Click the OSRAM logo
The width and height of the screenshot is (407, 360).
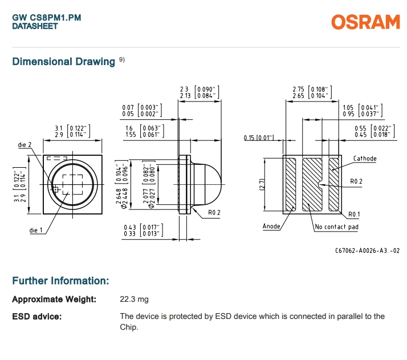pos(365,22)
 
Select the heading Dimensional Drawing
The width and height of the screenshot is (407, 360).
pos(63,62)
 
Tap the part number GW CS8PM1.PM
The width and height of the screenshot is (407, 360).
pos(47,18)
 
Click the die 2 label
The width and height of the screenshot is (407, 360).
pos(24,145)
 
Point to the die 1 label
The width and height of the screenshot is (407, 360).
pos(36,230)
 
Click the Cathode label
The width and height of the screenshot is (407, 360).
pos(365,159)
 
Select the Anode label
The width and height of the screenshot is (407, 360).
pos(271,226)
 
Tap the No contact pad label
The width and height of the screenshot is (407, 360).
pos(337,227)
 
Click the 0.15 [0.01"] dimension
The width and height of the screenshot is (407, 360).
pos(259,138)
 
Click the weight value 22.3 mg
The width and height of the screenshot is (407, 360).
pos(134,299)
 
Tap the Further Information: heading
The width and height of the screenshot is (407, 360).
pos(60,281)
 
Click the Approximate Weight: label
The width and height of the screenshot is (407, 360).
pos(54,299)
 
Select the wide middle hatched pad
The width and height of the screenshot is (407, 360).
pos(312,184)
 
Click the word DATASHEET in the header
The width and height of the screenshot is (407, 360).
pos(35,26)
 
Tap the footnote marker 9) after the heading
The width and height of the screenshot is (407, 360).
pos(122,59)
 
